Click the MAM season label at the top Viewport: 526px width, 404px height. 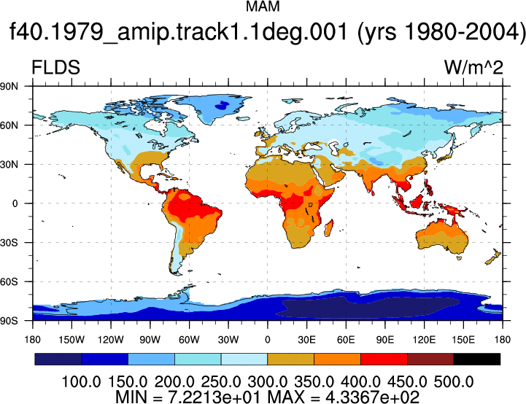click(x=263, y=7)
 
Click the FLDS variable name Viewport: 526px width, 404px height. click(x=55, y=67)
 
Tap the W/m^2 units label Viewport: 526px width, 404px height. click(x=473, y=67)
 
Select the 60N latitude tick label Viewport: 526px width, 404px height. click(x=9, y=125)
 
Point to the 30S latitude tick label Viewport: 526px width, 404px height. click(x=9, y=242)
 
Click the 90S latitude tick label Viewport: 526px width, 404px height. click(x=9, y=321)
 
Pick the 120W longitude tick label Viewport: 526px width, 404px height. click(x=111, y=340)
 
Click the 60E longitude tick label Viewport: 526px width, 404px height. click(x=346, y=340)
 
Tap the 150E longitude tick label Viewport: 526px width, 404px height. click(x=463, y=340)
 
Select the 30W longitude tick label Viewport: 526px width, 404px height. click(x=228, y=340)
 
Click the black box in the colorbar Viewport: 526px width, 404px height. click(x=476, y=359)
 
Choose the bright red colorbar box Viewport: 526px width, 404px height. click(x=384, y=359)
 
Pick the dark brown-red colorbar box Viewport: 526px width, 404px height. click(x=430, y=359)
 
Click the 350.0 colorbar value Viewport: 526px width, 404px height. click(x=314, y=382)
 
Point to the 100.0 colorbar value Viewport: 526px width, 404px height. click(x=81, y=382)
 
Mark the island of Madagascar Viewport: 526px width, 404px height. click(x=329, y=228)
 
